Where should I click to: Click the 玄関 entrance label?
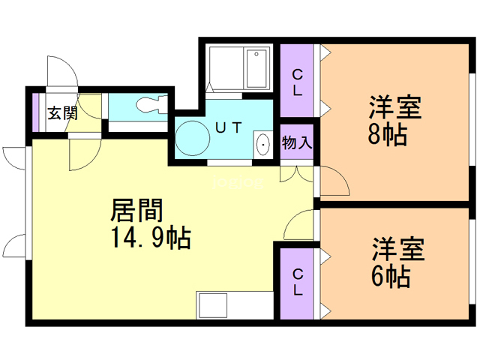click(62, 113)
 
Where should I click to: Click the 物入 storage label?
click(297, 142)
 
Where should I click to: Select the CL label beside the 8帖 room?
click(298, 82)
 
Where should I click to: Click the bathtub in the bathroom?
click(241, 68)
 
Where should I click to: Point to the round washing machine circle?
click(191, 138)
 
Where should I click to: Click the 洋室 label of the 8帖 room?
click(393, 107)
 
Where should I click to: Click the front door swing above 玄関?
click(61, 74)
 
